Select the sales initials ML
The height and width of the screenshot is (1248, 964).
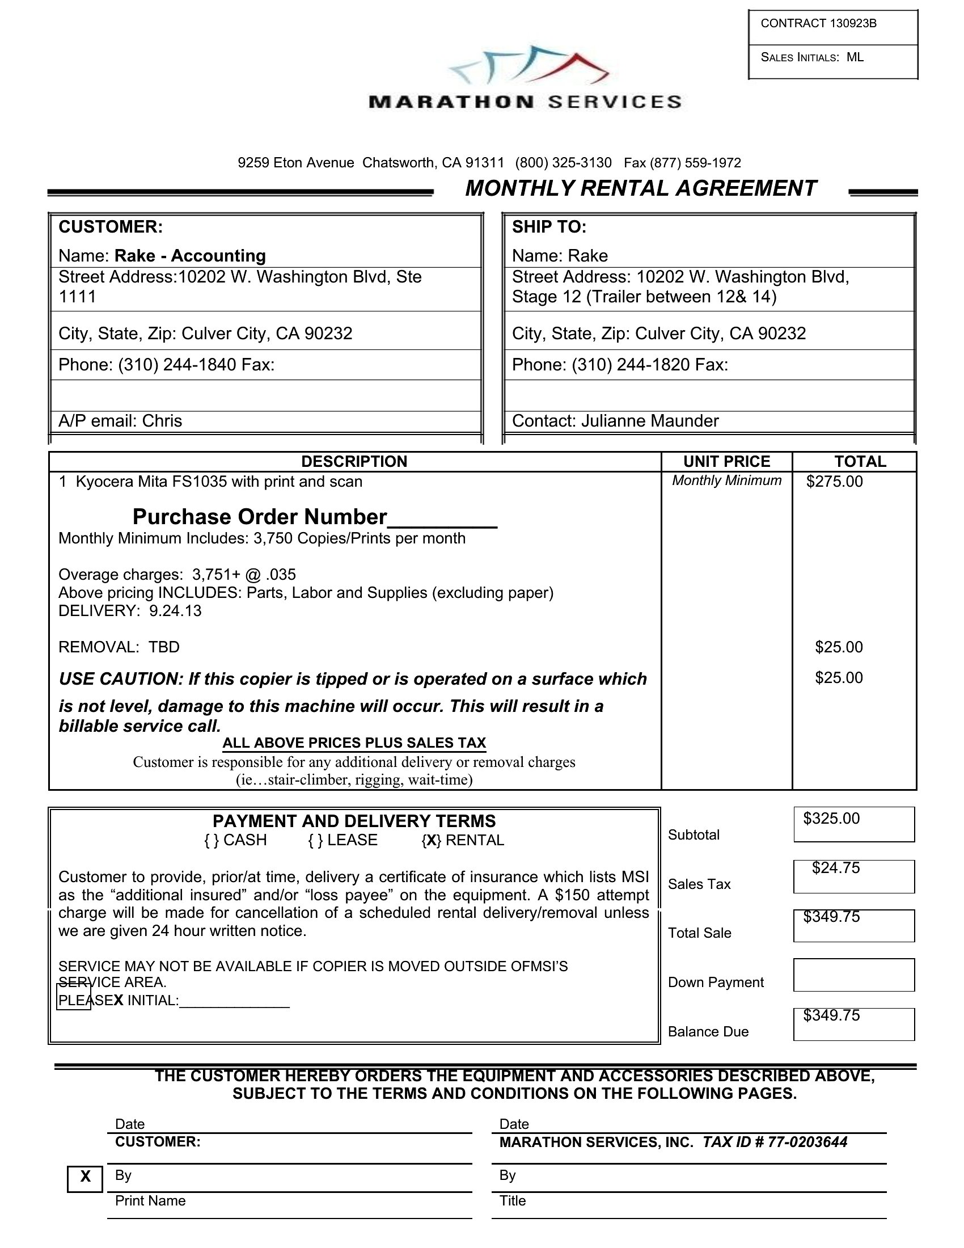(855, 57)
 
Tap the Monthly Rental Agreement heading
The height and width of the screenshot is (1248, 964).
(641, 188)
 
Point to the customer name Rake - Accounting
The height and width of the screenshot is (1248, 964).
(190, 255)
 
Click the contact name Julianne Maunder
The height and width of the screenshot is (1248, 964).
(650, 421)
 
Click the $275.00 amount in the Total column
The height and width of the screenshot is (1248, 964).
(834, 482)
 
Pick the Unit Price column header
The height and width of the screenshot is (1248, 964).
(726, 462)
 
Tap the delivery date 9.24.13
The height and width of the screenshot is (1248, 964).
(175, 611)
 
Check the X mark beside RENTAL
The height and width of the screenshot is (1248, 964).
(431, 841)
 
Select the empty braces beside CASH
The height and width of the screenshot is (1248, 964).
(212, 841)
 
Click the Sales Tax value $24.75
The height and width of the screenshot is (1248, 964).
(836, 868)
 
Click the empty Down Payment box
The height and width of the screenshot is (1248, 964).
(854, 975)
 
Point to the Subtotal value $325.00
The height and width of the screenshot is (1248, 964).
(831, 819)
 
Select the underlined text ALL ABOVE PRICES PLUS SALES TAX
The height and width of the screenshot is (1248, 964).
(354, 743)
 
